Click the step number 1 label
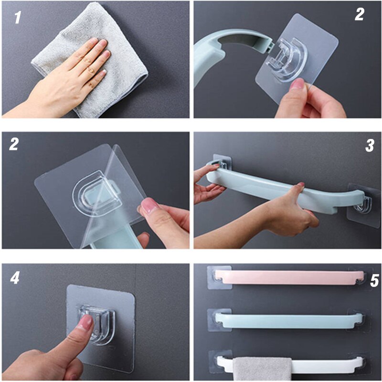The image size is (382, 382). tap(18, 18)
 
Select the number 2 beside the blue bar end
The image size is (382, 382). tap(359, 14)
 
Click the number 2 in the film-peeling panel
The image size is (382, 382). tap(14, 144)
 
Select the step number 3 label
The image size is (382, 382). tap(369, 146)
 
